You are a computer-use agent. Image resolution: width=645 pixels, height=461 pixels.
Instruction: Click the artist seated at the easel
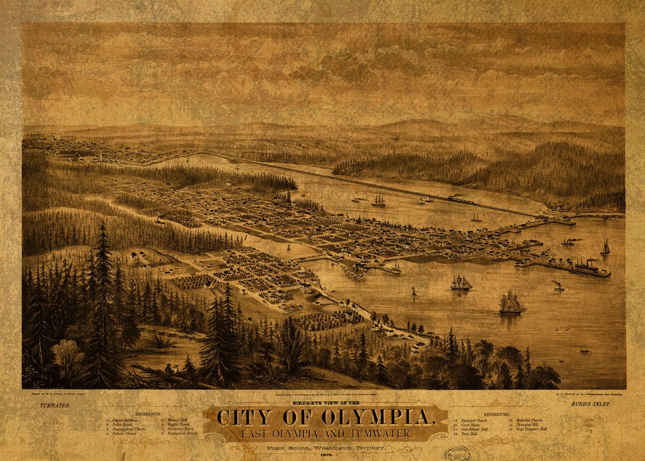point(169,370)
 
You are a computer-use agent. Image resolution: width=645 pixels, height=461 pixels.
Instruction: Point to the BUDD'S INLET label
point(590,403)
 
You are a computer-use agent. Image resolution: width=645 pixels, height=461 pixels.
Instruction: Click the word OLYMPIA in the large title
point(369,417)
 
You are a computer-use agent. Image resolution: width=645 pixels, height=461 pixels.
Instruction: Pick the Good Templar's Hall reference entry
point(531,429)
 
